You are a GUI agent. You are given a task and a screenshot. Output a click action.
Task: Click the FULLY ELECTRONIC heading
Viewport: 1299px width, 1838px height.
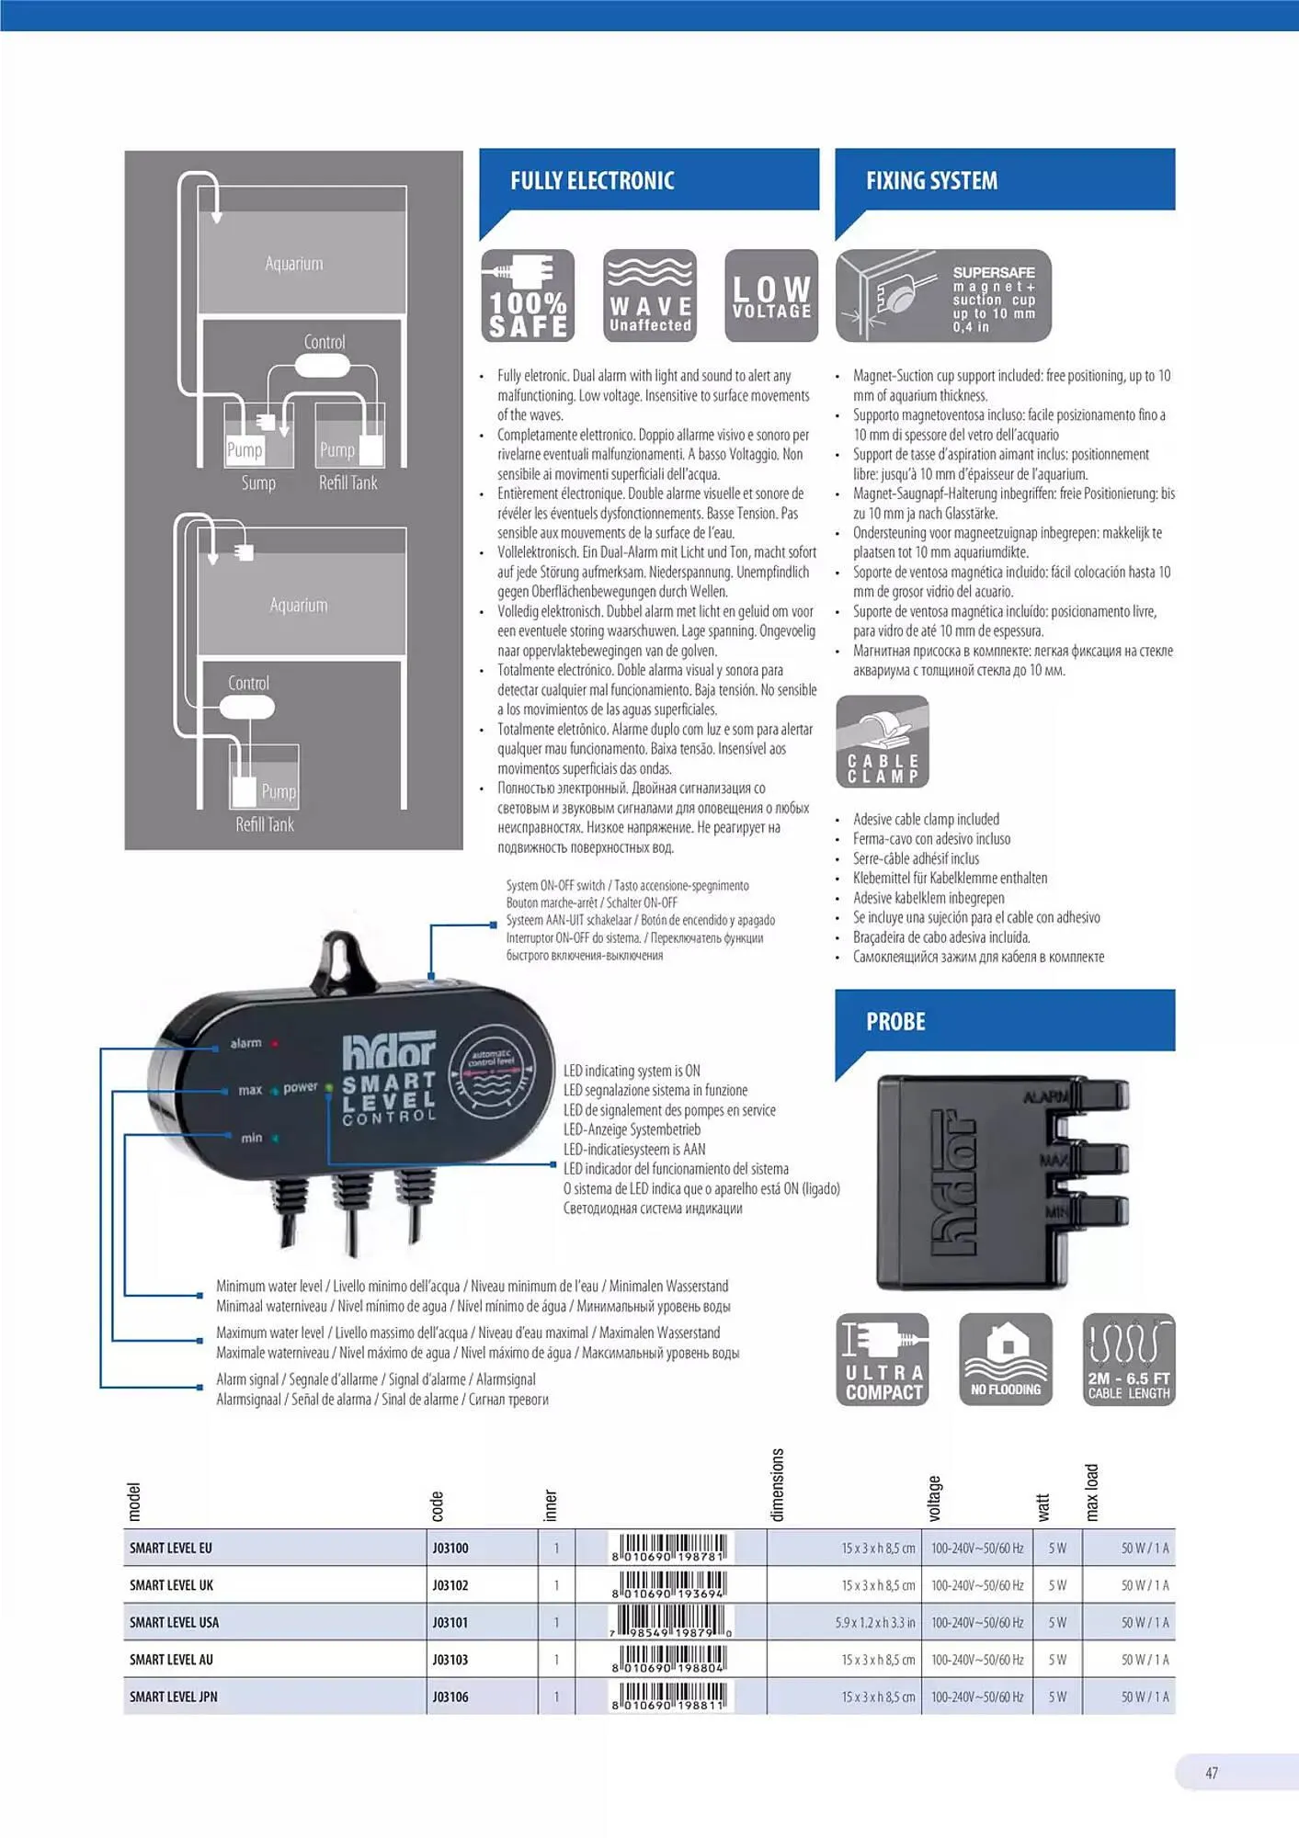[x=592, y=181]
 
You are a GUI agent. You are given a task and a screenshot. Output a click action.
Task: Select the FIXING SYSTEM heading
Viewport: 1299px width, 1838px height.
[x=931, y=181]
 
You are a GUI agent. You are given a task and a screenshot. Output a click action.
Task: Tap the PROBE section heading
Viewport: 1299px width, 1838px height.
[x=895, y=1022]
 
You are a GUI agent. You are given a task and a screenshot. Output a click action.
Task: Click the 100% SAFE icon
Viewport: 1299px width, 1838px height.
[x=528, y=296]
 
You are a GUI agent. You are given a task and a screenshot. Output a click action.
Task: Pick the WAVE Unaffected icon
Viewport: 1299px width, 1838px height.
[x=650, y=296]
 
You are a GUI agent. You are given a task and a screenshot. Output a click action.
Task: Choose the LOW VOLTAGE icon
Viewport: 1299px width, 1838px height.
[x=771, y=296]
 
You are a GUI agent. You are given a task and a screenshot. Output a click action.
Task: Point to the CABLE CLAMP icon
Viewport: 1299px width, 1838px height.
[x=883, y=742]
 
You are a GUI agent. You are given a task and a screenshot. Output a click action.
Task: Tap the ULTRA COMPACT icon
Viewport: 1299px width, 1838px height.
[x=883, y=1359]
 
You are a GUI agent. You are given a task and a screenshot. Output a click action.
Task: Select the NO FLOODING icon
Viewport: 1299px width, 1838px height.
[x=1006, y=1359]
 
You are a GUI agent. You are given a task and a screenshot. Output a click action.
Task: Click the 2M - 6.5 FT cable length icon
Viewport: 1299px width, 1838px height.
[x=1129, y=1359]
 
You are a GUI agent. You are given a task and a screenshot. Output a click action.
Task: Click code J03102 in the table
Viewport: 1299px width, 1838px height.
[x=450, y=1585]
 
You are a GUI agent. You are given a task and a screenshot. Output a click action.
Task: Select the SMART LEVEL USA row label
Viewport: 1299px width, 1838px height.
[x=175, y=1622]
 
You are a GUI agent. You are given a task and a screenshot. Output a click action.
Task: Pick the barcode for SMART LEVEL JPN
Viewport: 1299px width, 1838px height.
[x=671, y=1696]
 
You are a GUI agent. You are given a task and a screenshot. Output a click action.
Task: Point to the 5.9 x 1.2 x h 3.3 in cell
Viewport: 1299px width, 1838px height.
[x=874, y=1623]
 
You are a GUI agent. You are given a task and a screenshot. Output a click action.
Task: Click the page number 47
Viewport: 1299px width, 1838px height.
[x=1212, y=1774]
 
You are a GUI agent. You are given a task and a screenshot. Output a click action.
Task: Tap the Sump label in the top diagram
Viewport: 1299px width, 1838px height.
[x=258, y=483]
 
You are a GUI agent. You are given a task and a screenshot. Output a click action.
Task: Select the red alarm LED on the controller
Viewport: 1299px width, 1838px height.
[x=275, y=1044]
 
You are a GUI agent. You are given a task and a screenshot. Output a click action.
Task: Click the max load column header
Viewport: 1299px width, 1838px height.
[x=1092, y=1492]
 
